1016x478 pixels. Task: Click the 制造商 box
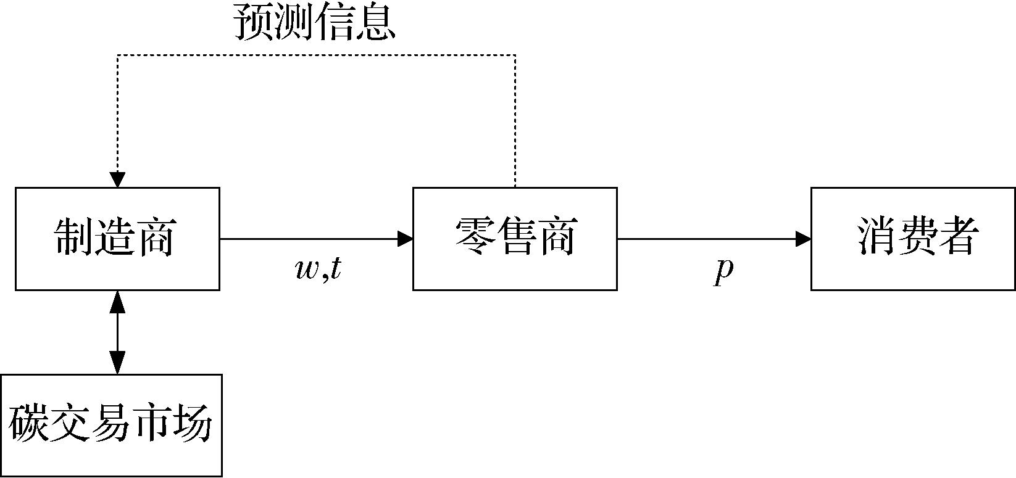click(x=117, y=239)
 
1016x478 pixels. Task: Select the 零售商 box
click(x=515, y=239)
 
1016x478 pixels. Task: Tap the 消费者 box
click(x=913, y=239)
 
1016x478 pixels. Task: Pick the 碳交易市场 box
click(x=111, y=425)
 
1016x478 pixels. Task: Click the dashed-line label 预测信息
click(x=314, y=23)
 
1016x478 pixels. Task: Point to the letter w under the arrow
click(x=307, y=270)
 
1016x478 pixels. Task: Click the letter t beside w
click(x=335, y=268)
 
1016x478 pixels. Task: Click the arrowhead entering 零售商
click(x=406, y=239)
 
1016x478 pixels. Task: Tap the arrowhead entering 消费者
click(x=804, y=239)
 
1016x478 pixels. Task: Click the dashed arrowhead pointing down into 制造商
click(x=117, y=179)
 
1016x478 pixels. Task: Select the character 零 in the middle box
click(x=474, y=237)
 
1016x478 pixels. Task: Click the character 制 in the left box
click(x=75, y=237)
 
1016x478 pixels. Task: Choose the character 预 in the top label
click(x=253, y=23)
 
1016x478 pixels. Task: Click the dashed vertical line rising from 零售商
click(x=515, y=123)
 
